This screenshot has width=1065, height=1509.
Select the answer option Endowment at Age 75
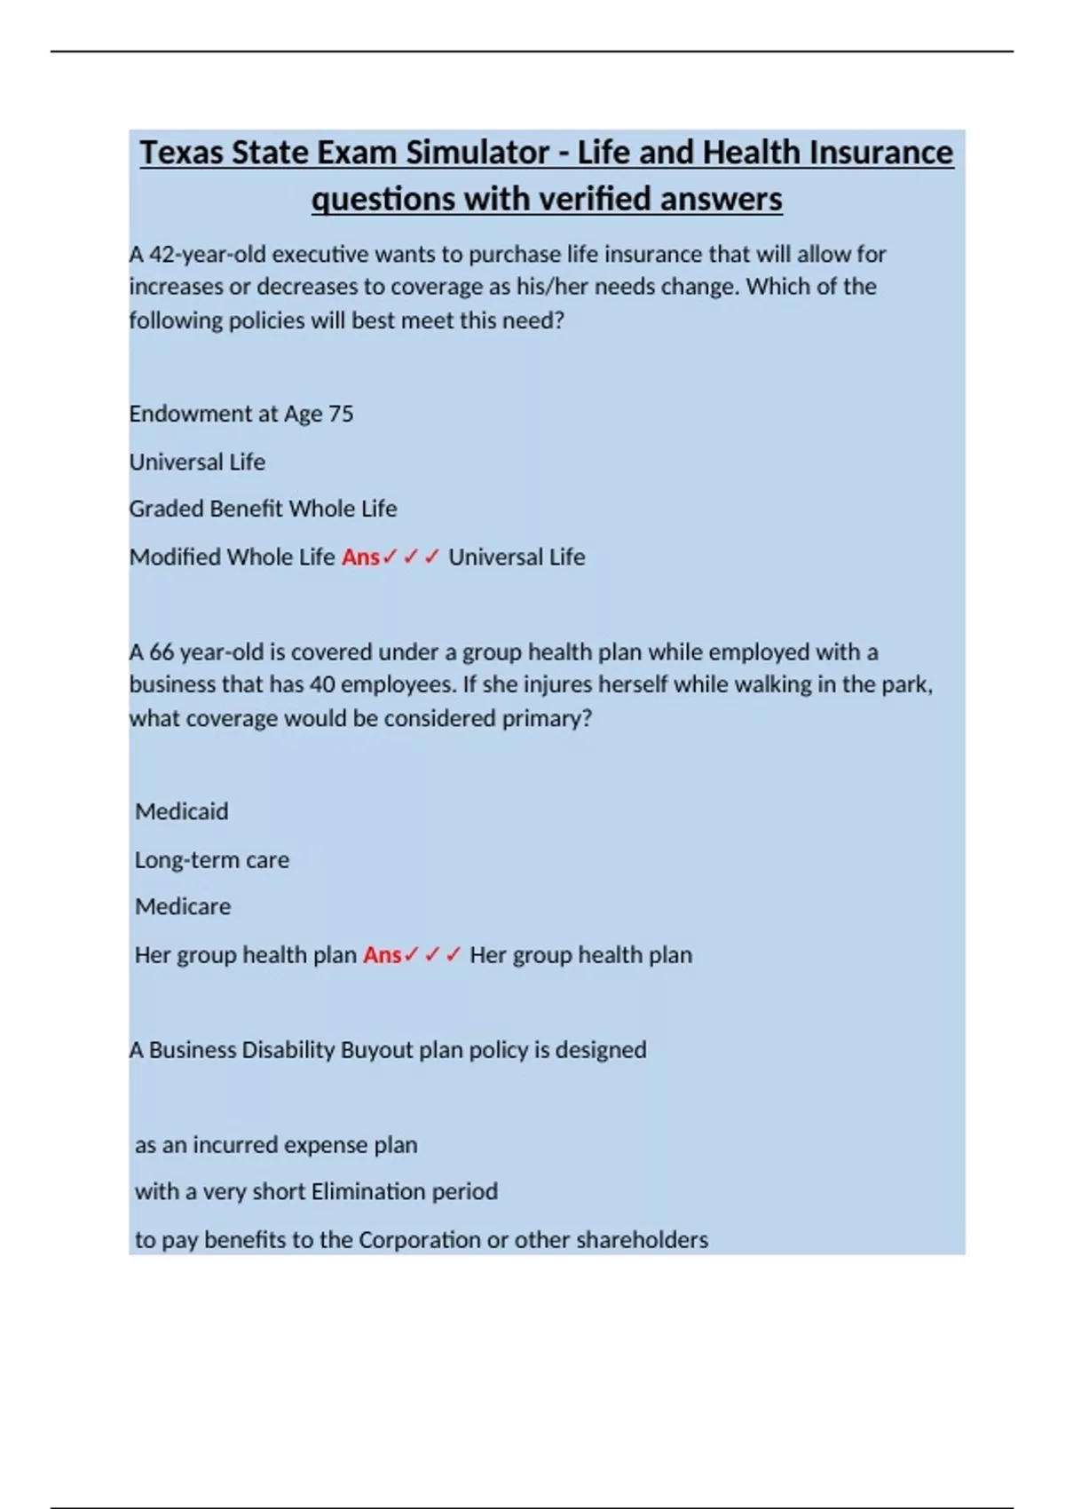pos(241,414)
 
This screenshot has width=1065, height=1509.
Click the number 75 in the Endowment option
pos(342,414)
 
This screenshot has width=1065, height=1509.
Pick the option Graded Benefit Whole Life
pos(263,509)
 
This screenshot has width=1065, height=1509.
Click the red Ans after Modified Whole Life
pos(360,557)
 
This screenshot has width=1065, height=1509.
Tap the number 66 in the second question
pos(162,652)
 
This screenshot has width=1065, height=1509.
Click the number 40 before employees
pos(321,685)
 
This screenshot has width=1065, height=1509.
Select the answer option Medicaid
pos(181,811)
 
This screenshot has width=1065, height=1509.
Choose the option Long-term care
pos(211,860)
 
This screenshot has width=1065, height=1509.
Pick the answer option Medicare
pos(182,906)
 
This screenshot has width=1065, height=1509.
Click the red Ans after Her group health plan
pos(382,955)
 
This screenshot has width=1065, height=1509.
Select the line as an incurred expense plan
pos(276,1145)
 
